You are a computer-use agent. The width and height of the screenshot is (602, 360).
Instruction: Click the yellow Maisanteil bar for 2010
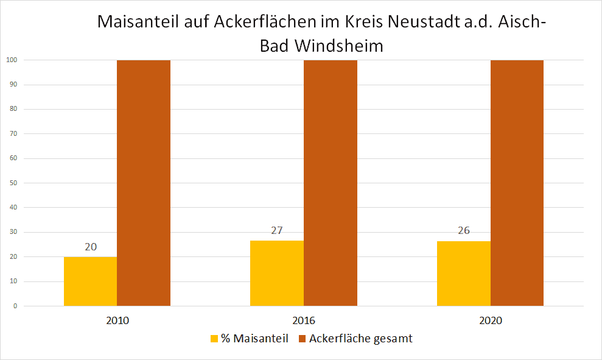click(90, 281)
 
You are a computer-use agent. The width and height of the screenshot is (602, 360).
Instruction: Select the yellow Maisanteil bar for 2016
click(277, 273)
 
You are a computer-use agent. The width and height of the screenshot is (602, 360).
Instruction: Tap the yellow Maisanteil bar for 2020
click(463, 274)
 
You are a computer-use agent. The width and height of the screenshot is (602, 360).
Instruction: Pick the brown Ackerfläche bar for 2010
click(144, 183)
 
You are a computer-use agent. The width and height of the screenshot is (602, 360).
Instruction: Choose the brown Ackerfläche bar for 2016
click(331, 183)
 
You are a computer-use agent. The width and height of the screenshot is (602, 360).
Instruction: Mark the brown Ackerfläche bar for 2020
click(517, 183)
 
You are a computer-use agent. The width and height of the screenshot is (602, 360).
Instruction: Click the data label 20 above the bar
click(91, 247)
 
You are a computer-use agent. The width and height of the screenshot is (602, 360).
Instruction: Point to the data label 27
click(277, 231)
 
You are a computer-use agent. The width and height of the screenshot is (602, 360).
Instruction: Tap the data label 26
click(464, 231)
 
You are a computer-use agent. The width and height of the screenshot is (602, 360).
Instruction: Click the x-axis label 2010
click(117, 320)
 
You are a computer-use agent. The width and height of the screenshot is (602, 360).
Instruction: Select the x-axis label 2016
click(304, 320)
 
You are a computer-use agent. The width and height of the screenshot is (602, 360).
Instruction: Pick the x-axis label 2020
click(490, 320)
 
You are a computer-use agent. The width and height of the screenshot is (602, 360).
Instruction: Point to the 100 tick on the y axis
click(11, 60)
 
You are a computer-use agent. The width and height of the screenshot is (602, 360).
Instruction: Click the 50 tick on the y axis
click(12, 183)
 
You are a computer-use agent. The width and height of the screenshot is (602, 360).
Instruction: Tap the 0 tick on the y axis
click(15, 306)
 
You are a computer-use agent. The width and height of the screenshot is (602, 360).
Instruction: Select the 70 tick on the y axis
click(12, 134)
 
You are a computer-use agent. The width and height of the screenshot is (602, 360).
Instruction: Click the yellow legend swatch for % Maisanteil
click(214, 339)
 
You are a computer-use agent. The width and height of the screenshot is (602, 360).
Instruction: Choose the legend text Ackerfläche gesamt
click(360, 339)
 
